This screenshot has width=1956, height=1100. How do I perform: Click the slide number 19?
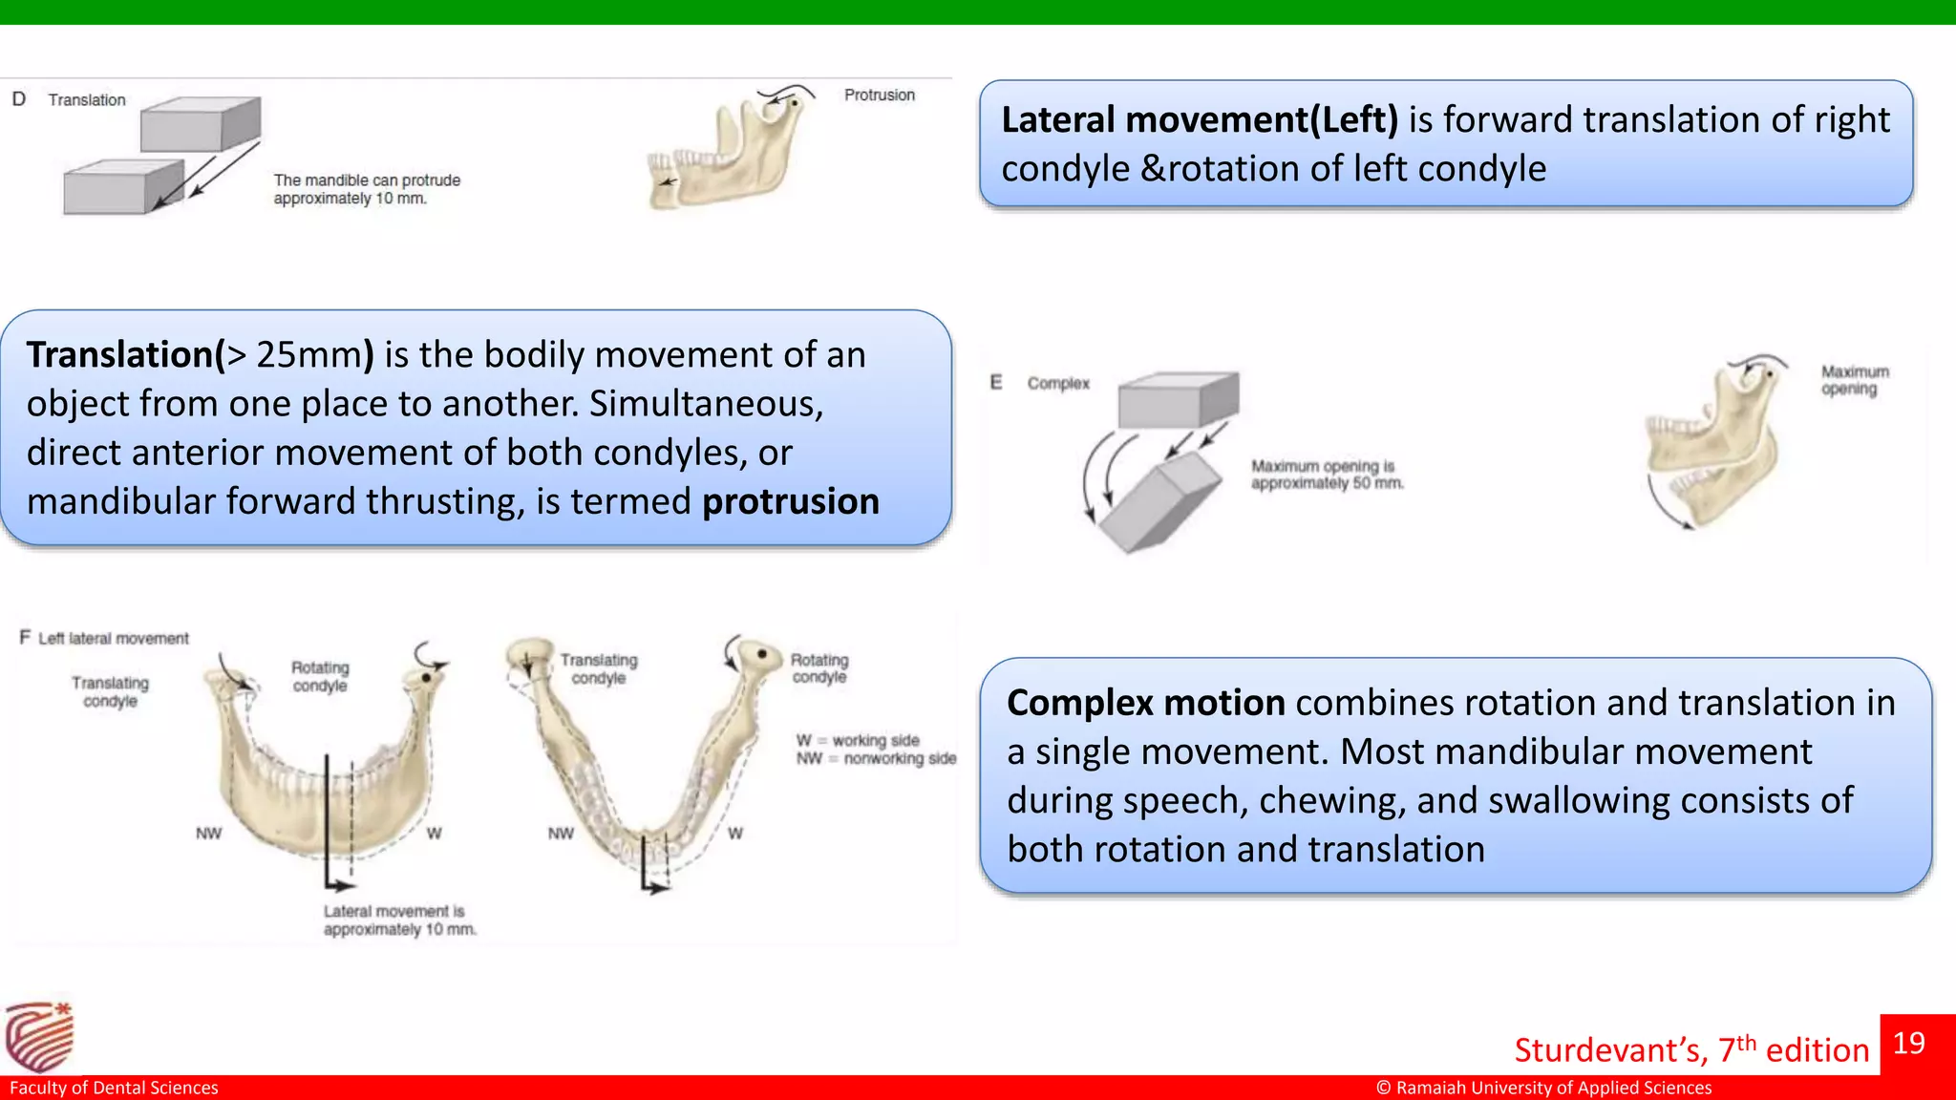click(1908, 1043)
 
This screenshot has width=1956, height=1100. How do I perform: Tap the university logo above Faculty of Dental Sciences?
click(39, 1037)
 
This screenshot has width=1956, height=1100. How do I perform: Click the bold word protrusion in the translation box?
click(790, 501)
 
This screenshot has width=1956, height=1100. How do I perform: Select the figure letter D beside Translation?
click(19, 99)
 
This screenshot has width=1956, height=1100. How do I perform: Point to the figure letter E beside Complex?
click(996, 382)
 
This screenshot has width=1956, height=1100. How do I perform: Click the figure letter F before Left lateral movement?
click(25, 637)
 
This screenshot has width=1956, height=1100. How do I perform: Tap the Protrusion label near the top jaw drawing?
click(879, 95)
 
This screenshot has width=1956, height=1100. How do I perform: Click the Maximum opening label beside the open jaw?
click(1854, 380)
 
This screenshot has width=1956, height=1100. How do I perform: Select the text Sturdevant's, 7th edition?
click(1690, 1049)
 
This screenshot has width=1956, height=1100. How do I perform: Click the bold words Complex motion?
click(1145, 703)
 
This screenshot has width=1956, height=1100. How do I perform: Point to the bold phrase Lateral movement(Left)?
click(1200, 119)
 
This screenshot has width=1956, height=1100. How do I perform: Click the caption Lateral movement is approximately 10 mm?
click(399, 920)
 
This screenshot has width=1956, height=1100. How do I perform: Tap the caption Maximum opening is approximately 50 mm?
click(1327, 475)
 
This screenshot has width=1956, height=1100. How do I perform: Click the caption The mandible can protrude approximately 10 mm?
click(367, 189)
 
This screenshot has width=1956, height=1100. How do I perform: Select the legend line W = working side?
click(858, 740)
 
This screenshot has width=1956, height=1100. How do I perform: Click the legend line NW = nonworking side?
click(876, 758)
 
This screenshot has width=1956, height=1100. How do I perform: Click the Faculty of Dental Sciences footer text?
click(114, 1088)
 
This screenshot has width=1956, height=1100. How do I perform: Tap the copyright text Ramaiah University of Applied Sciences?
click(1543, 1088)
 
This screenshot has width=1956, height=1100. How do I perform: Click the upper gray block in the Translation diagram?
click(201, 124)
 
